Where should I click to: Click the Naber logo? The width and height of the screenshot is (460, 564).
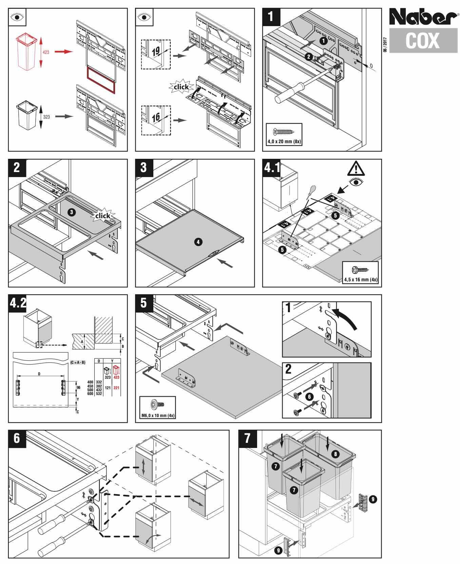(423, 17)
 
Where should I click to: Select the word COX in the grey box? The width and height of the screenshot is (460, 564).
(422, 41)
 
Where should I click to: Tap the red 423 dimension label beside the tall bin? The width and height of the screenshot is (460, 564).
(46, 52)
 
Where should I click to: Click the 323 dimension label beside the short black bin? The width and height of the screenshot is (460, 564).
(46, 117)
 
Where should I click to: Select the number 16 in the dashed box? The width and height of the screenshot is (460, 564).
(156, 118)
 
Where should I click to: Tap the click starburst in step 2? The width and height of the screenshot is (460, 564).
(102, 216)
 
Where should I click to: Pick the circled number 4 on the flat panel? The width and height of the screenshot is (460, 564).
(198, 242)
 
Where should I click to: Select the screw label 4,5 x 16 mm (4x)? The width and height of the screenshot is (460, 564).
(360, 280)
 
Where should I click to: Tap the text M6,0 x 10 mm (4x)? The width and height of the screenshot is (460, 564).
(158, 415)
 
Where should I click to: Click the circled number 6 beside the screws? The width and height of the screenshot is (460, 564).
(309, 396)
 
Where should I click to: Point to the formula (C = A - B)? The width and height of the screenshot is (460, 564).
(78, 363)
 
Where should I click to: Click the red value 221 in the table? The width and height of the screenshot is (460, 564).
(116, 388)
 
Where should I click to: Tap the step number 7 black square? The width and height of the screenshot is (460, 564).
(247, 438)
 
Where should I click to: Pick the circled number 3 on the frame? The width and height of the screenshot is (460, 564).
(71, 212)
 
